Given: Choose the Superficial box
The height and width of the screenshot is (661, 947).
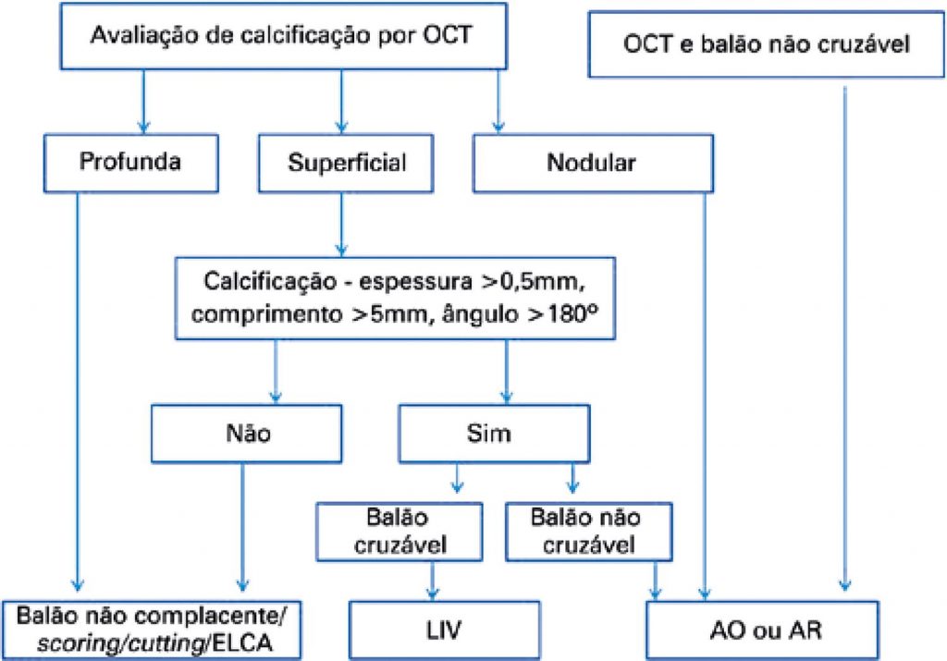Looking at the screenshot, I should (347, 162).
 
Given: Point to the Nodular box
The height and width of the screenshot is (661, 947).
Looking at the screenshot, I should (592, 162).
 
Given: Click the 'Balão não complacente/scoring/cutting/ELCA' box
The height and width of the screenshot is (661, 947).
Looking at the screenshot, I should (154, 628).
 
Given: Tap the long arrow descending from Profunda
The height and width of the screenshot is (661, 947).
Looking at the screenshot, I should (79, 388).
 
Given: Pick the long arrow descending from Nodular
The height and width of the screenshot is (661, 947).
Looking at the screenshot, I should (707, 388).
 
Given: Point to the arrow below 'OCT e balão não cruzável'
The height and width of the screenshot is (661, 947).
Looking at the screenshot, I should (843, 333).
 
